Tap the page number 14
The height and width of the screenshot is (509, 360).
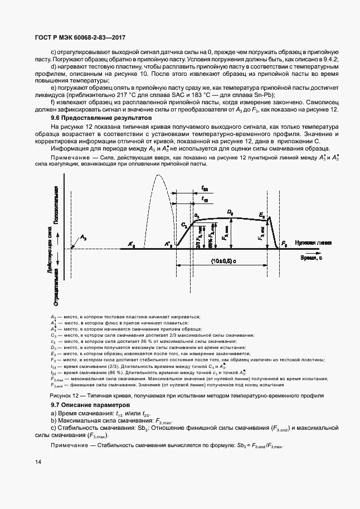37,462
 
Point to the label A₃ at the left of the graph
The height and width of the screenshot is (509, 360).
84,238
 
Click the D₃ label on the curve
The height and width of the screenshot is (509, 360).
230,212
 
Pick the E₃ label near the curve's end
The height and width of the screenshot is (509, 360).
262,215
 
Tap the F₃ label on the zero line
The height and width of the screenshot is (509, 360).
285,244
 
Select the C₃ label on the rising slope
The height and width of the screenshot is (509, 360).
184,224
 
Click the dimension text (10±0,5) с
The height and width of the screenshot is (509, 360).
225,261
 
